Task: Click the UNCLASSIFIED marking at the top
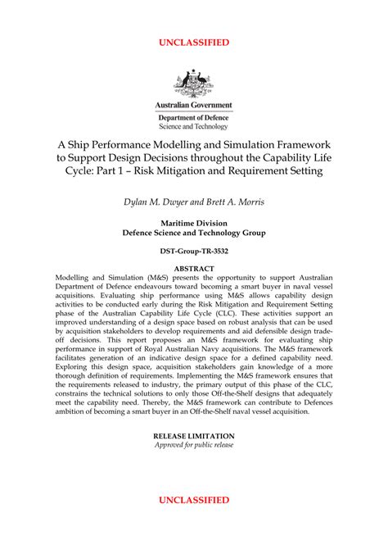click(194, 42)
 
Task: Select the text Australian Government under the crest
click(194, 106)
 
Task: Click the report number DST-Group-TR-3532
click(194, 250)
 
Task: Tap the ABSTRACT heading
click(194, 269)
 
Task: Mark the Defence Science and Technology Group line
click(194, 232)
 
